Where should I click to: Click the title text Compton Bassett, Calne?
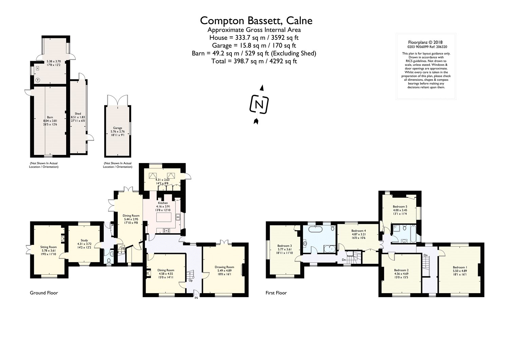click(x=256, y=21)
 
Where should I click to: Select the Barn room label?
click(x=50, y=117)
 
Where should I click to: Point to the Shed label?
click(x=78, y=114)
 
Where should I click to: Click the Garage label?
click(x=118, y=128)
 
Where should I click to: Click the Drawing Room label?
click(x=224, y=267)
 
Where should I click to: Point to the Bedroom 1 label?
click(x=460, y=267)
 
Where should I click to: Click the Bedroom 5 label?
click(x=400, y=206)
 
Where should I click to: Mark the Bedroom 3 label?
click(x=284, y=246)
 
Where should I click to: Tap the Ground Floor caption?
click(x=44, y=293)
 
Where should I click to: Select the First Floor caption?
click(x=276, y=293)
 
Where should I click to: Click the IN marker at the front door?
click(x=196, y=298)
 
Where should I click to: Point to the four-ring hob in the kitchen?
click(x=167, y=230)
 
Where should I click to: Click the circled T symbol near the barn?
click(x=38, y=80)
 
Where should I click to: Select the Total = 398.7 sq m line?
click(x=254, y=61)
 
